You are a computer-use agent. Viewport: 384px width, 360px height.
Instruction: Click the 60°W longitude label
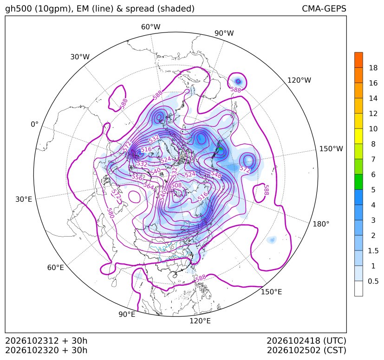coord(150,27)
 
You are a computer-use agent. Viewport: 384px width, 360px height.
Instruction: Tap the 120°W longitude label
coord(299,80)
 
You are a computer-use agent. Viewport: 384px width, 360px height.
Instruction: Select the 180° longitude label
coord(321,224)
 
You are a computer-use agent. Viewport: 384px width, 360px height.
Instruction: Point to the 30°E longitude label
coord(24,199)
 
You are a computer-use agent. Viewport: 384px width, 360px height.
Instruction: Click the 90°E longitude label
coord(127,315)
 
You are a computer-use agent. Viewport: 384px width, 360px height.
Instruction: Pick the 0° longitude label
coord(34,124)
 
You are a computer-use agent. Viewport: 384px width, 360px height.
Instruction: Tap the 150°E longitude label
coord(271,292)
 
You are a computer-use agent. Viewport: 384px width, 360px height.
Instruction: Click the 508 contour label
coord(176,185)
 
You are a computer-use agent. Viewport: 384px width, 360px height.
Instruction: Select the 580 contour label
coord(111,213)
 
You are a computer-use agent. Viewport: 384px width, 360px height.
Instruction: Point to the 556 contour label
coord(137,177)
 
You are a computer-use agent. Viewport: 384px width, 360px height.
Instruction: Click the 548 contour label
coord(216,175)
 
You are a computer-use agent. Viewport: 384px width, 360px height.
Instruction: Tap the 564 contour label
coord(149,186)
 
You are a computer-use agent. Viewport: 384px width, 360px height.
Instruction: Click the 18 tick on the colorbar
coord(373,68)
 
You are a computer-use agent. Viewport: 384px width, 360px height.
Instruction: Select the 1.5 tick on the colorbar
coord(373,251)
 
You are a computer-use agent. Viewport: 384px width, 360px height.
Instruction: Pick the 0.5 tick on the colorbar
coord(373,281)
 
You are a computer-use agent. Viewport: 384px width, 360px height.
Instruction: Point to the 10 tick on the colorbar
coord(373,129)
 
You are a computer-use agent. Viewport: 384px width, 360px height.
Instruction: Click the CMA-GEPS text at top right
coord(324,9)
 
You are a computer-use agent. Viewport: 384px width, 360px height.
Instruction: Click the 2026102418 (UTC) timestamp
coord(306,341)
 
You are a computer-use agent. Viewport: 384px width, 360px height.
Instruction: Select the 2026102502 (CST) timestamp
coord(306,350)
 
